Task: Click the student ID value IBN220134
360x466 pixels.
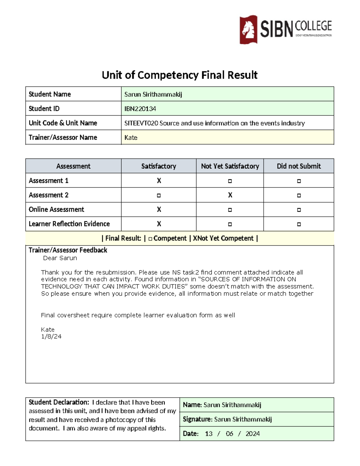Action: pos(140,109)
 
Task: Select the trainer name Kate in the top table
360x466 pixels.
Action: pos(131,137)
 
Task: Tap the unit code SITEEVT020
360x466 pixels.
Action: pos(141,123)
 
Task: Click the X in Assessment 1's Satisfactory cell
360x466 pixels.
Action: pos(159,181)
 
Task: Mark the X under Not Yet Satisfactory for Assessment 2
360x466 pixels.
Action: pos(230,195)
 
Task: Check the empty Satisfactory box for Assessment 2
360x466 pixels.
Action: pos(159,196)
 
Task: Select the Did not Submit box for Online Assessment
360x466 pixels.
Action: pos(299,210)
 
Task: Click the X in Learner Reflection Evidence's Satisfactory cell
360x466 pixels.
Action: pos(159,224)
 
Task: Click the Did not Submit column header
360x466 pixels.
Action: pos(299,166)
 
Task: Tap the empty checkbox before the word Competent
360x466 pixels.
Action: pos(150,239)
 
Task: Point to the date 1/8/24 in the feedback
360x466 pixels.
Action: pos(51,337)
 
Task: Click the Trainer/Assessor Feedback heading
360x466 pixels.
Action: pos(68,250)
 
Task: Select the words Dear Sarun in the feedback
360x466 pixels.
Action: pos(60,258)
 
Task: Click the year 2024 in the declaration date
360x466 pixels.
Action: pos(253,434)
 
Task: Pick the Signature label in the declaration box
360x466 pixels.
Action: pos(197,419)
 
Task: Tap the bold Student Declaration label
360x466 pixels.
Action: pos(59,402)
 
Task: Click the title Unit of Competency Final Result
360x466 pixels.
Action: pos(179,75)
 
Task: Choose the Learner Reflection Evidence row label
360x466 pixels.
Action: pos(69,224)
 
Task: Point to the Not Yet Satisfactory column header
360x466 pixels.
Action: pos(230,166)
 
